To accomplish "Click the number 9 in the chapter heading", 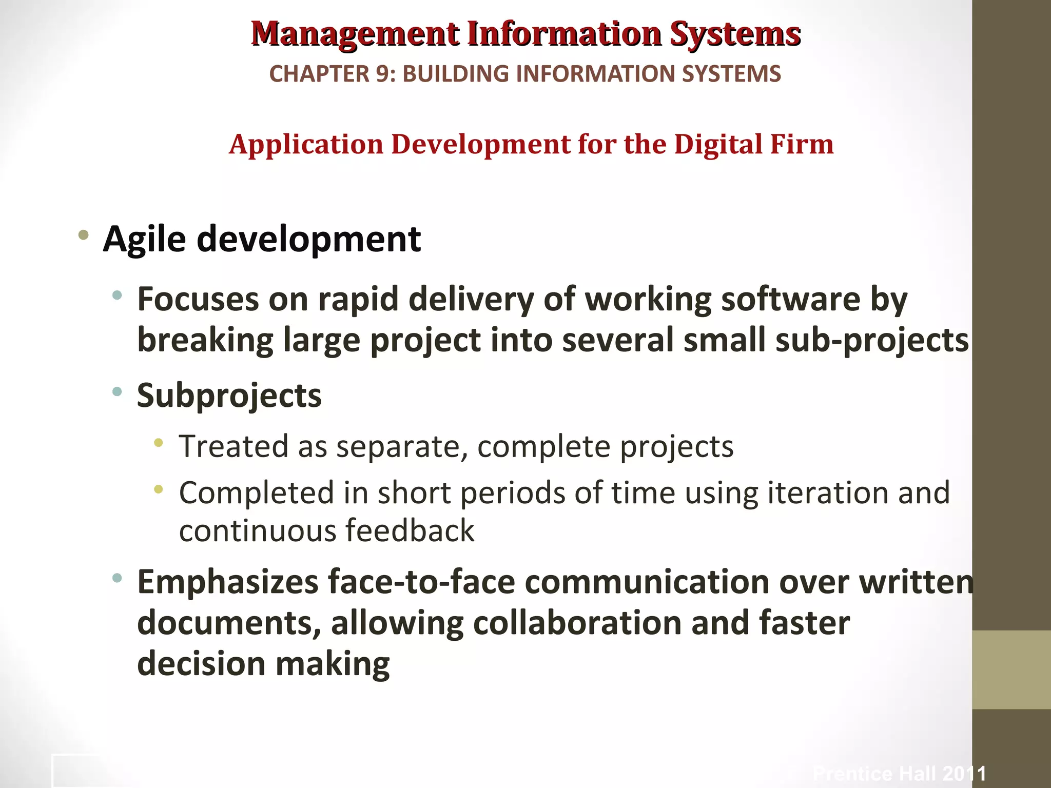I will (x=383, y=74).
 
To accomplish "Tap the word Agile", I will (x=144, y=240).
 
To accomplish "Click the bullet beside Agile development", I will (x=83, y=236).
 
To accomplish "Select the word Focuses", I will (x=198, y=299).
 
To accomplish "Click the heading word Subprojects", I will (x=229, y=396).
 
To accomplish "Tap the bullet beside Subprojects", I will (x=117, y=392).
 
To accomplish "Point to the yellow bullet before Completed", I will (x=159, y=489).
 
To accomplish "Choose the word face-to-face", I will (x=421, y=582).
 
